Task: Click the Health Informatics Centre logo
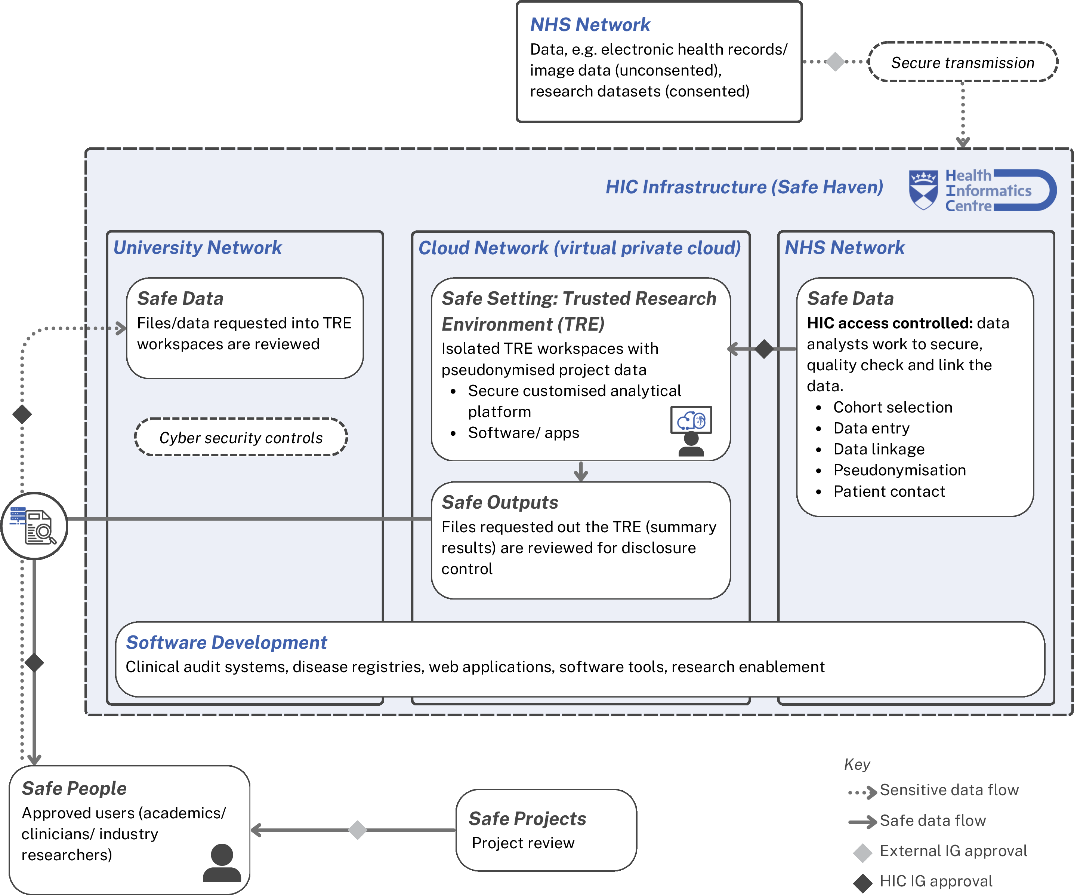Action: (982, 190)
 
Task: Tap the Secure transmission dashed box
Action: (963, 62)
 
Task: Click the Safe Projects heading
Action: (527, 818)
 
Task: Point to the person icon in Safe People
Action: (222, 863)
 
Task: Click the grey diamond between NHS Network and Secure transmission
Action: (835, 61)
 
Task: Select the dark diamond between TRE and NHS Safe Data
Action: (764, 349)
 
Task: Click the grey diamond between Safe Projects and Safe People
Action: (358, 830)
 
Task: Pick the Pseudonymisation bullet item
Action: (899, 470)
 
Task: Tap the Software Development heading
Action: (226, 642)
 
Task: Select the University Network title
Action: (197, 248)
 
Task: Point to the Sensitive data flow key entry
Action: (933, 790)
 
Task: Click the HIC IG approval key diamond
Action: (863, 883)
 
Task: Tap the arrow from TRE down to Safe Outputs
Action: (580, 471)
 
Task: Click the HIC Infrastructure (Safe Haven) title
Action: (744, 187)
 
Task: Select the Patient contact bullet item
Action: (889, 491)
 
